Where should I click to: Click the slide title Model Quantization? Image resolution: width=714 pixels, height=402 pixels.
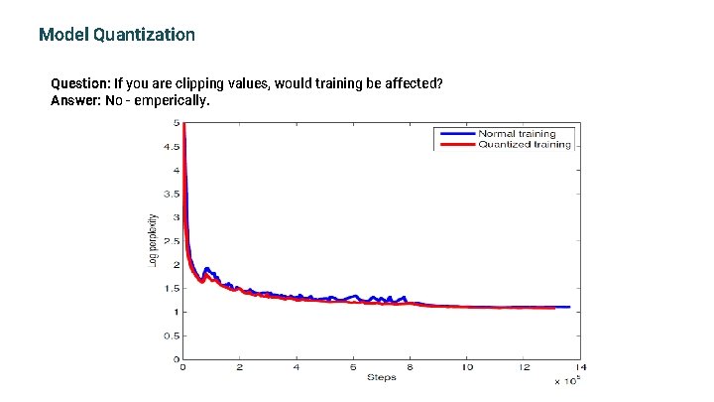[x=117, y=35]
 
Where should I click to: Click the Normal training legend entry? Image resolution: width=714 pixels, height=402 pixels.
[x=517, y=133]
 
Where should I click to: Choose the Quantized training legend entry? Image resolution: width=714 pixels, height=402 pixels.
[x=524, y=144]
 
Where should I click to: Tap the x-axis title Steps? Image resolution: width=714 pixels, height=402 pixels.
[x=382, y=377]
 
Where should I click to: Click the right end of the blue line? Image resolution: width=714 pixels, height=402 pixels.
[x=569, y=307]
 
